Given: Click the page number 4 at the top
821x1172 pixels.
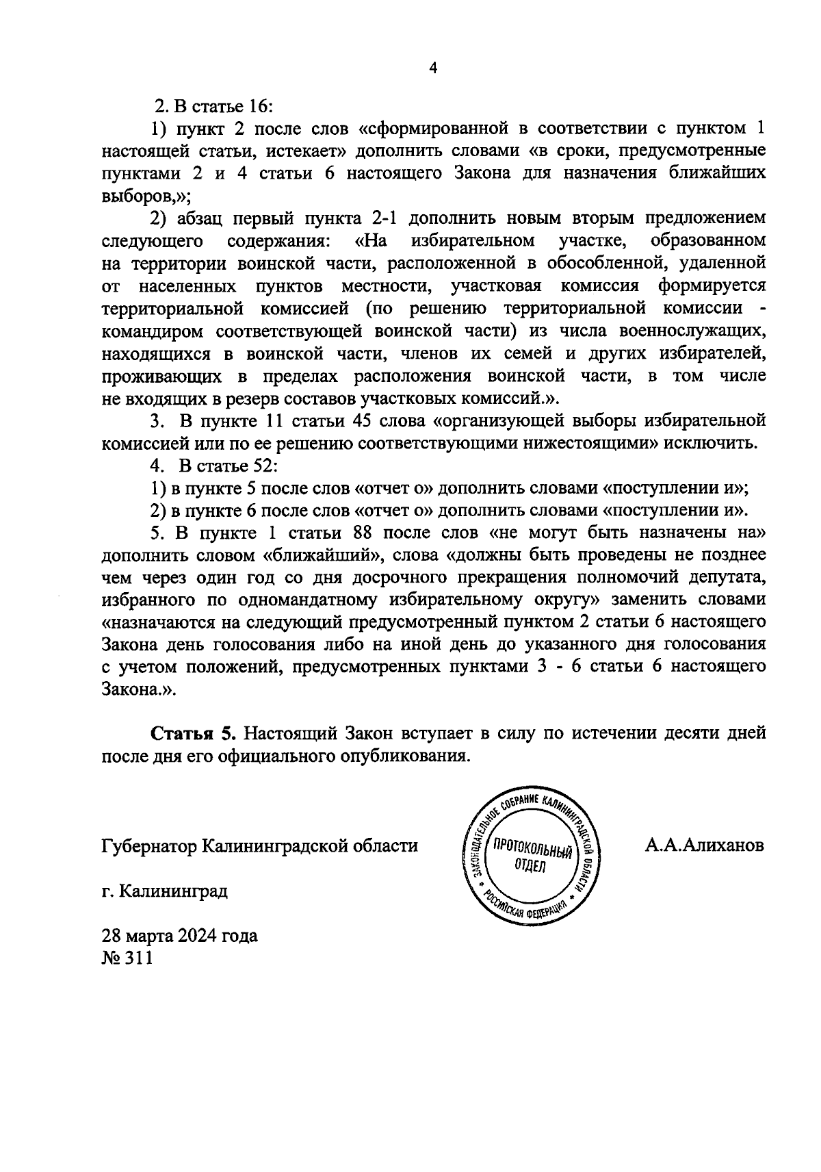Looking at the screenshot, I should tap(432, 67).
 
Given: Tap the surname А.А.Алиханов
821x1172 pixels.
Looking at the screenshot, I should tap(704, 845).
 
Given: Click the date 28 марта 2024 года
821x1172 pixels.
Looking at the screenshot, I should tap(179, 935).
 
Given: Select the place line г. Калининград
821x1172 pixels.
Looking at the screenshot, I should tap(164, 891).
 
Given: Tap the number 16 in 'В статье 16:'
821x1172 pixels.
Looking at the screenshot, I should tap(259, 107).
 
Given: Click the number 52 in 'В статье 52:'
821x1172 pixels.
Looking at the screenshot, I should tap(262, 466).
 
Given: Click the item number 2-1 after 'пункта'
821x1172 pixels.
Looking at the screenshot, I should tap(389, 219).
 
